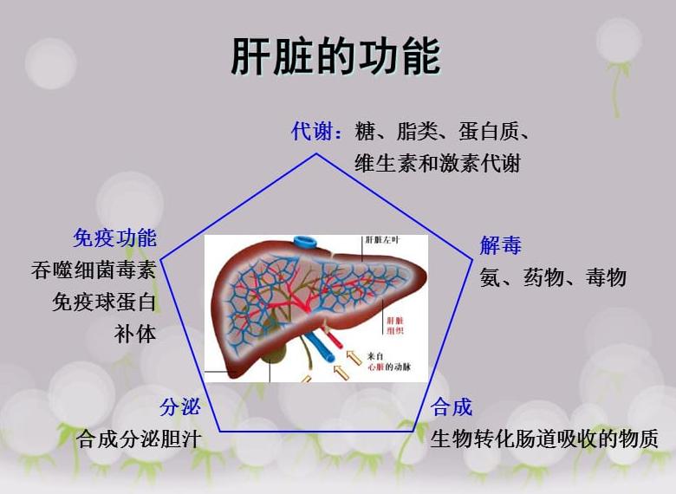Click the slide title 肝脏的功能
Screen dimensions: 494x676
(335, 56)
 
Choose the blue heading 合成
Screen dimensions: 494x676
(452, 406)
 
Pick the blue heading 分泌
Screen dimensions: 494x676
(180, 406)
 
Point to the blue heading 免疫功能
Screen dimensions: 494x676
(114, 237)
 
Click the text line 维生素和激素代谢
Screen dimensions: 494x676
(437, 163)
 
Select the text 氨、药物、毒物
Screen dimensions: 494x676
(553, 277)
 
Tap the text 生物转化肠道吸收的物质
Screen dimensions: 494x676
(544, 438)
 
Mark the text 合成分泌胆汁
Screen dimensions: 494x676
(139, 439)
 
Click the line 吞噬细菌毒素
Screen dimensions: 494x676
(94, 270)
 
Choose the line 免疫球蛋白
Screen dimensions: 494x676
(104, 302)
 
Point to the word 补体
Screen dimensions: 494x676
(135, 333)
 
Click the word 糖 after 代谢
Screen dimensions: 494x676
(365, 132)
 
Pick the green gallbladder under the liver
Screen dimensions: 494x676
(276, 353)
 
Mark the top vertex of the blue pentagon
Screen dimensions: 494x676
(316, 154)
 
